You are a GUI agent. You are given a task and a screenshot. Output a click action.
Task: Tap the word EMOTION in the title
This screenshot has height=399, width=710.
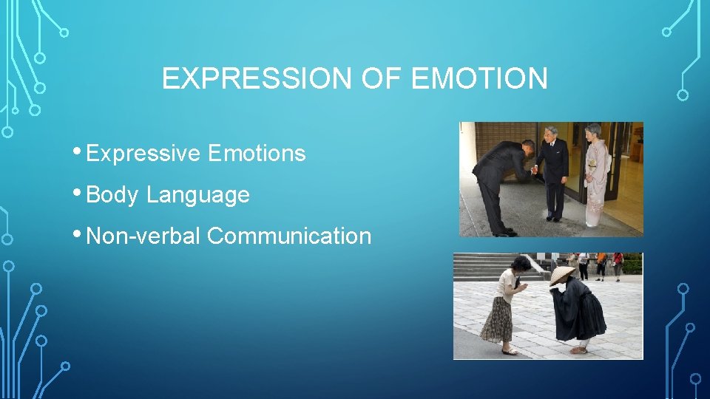coord(479,78)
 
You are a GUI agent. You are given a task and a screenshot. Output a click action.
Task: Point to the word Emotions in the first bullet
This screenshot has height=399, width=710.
coord(257,154)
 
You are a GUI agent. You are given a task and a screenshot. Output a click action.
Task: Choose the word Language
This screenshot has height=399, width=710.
coord(198,195)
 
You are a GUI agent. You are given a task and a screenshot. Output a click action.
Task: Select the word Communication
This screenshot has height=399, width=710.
coord(289,236)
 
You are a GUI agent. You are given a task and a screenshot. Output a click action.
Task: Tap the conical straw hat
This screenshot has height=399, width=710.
coord(561,276)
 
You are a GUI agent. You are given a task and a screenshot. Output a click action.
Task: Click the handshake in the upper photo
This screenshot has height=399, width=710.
coord(532,169)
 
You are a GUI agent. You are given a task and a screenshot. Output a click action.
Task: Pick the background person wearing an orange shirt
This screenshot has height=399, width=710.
coord(602,260)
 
